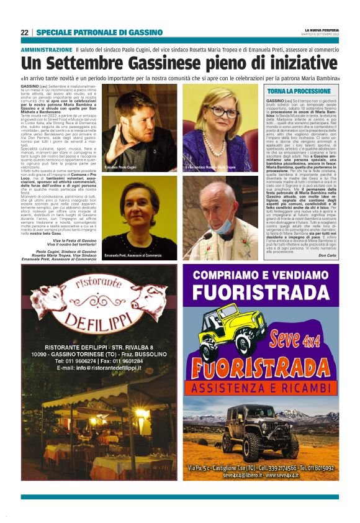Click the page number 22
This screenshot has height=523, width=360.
click(24, 32)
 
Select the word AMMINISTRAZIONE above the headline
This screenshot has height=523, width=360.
click(47, 49)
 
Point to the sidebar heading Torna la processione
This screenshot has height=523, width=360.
click(298, 91)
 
